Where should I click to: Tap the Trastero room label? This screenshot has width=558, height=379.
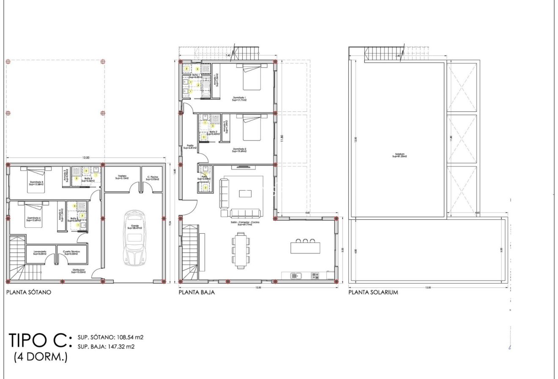tap(122, 177)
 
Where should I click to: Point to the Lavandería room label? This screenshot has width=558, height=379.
tap(41, 253)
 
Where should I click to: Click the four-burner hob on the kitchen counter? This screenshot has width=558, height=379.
tap(315, 276)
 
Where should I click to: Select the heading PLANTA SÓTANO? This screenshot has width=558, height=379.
tap(28, 292)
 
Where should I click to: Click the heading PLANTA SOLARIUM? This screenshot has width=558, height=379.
tap(373, 292)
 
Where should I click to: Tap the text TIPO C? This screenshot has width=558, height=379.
tap(37, 340)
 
